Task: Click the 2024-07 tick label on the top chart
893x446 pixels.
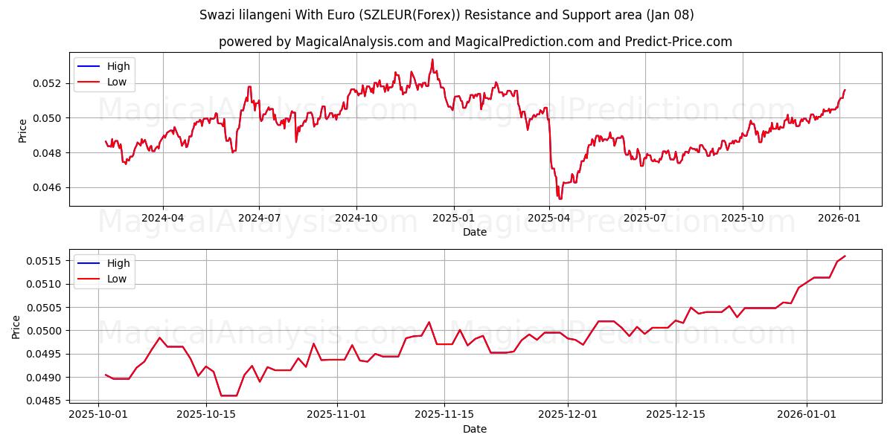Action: pos(259,217)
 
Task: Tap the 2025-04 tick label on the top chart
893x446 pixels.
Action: pos(549,217)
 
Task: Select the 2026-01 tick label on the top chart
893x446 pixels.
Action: pos(839,217)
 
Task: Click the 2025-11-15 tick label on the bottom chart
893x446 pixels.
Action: pos(444,414)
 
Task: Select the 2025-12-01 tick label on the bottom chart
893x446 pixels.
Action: pos(568,414)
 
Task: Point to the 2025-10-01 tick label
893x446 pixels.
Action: pos(97,414)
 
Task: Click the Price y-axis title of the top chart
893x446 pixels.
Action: pos(22,130)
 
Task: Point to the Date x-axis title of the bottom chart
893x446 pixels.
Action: pos(475,429)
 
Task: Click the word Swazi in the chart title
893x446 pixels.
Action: pos(216,15)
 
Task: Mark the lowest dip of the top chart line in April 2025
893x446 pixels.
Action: pos(560,199)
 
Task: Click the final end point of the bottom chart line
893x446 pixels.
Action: pos(845,256)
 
